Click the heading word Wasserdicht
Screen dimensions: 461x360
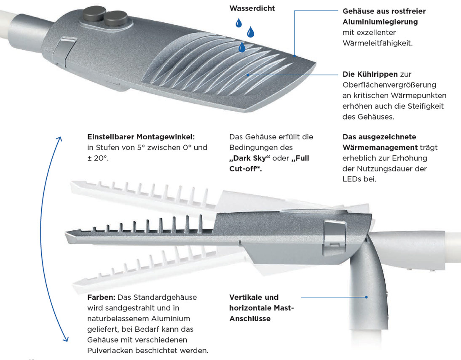pyautogui.click(x=252, y=8)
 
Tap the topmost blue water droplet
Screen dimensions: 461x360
pyautogui.click(x=239, y=23)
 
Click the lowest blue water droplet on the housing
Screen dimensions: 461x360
pyautogui.click(x=242, y=47)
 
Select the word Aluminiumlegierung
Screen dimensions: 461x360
pyautogui.click(x=380, y=22)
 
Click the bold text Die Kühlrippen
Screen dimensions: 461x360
pyautogui.click(x=370, y=74)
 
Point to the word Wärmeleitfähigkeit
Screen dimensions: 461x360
pyautogui.click(x=378, y=43)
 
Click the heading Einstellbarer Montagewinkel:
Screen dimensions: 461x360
pyautogui.click(x=141, y=137)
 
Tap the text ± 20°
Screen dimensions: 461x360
pyautogui.click(x=98, y=158)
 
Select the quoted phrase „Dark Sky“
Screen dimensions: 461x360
pyautogui.click(x=249, y=158)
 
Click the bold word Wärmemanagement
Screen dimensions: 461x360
pyautogui.click(x=380, y=147)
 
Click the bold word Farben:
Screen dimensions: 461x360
pyautogui.click(x=101, y=297)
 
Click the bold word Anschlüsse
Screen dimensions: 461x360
pyautogui.click(x=250, y=319)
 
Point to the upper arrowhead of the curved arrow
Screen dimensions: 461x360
pyautogui.click(x=59, y=139)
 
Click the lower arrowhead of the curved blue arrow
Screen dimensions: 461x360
pyautogui.click(x=66, y=339)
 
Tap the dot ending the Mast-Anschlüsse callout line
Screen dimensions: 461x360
pyautogui.click(x=366, y=297)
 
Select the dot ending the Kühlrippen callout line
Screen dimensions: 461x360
pyautogui.click(x=248, y=75)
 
